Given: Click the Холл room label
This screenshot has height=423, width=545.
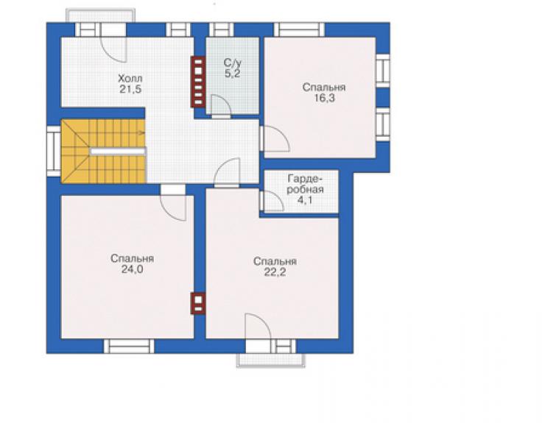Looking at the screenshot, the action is pyautogui.click(x=130, y=78).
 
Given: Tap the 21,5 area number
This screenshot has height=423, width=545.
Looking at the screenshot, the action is pyautogui.click(x=130, y=89).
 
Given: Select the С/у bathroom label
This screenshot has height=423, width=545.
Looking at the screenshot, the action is pyautogui.click(x=233, y=63).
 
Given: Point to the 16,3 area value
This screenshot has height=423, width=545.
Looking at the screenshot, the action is pyautogui.click(x=324, y=98).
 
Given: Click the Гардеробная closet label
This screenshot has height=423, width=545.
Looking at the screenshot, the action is pyautogui.click(x=306, y=185).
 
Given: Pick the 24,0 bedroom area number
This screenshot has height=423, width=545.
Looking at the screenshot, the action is pyautogui.click(x=132, y=269).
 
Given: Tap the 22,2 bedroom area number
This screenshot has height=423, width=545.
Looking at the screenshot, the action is pyautogui.click(x=275, y=272).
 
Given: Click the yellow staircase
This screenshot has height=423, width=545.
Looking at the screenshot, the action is pyautogui.click(x=104, y=151).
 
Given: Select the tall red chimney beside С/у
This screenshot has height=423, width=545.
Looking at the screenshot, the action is pyautogui.click(x=198, y=82).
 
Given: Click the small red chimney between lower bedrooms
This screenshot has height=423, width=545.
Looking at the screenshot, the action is pyautogui.click(x=198, y=304).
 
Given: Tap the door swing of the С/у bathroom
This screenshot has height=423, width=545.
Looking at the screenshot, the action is pyautogui.click(x=221, y=104).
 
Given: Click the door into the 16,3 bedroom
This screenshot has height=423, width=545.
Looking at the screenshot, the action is pyautogui.click(x=275, y=138).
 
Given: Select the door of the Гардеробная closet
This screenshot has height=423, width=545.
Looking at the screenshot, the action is pyautogui.click(x=272, y=201).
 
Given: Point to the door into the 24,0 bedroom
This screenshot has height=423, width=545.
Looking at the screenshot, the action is pyautogui.click(x=173, y=205).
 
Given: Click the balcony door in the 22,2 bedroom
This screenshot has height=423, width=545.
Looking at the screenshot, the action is pyautogui.click(x=258, y=327).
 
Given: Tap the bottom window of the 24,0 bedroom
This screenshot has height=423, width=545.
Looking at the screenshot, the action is pyautogui.click(x=129, y=346).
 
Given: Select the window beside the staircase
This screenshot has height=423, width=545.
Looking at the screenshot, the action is pyautogui.click(x=54, y=151).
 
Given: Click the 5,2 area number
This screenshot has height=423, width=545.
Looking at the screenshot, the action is pyautogui.click(x=233, y=74).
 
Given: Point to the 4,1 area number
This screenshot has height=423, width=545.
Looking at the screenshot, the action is pyautogui.click(x=305, y=200).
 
